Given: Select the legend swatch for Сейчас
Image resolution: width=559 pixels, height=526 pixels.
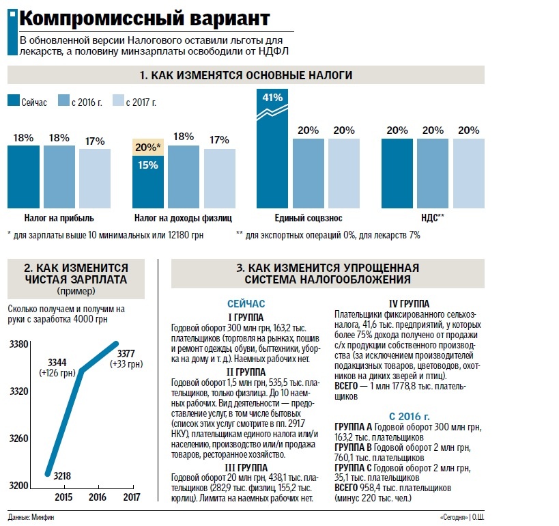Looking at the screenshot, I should coord(14,102).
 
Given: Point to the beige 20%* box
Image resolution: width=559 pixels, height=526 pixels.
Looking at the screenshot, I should coord(147,146).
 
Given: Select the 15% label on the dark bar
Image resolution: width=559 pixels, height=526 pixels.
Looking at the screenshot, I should coord(147,165).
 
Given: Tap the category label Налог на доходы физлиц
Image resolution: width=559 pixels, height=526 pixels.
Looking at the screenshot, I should coord(183,218).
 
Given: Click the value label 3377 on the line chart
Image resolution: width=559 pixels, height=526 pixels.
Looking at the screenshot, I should coord(126,353).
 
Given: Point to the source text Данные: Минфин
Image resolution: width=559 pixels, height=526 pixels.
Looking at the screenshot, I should coord(31,517).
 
